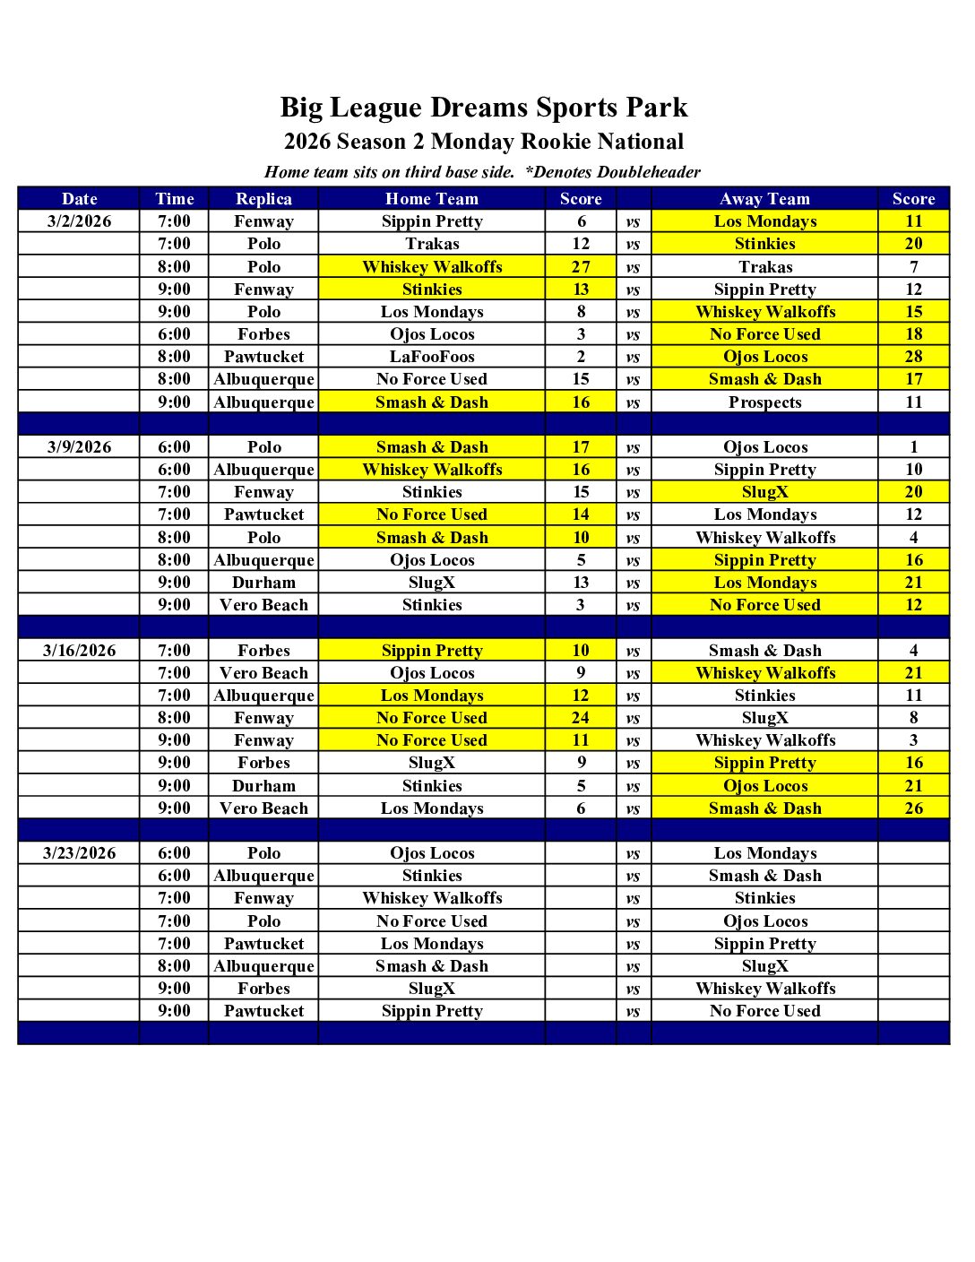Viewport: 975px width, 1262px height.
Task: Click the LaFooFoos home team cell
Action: pyautogui.click(x=432, y=357)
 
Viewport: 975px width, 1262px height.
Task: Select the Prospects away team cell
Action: pyautogui.click(x=764, y=402)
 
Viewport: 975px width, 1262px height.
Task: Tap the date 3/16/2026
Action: pyautogui.click(x=79, y=651)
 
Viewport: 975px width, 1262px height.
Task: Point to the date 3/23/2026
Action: pyautogui.click(x=79, y=853)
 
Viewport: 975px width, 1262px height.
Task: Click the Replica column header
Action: pyautogui.click(x=263, y=199)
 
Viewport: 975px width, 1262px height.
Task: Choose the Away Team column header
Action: pyautogui.click(x=764, y=199)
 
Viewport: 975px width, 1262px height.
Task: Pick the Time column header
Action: pyautogui.click(x=174, y=199)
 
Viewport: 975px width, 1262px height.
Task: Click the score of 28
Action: pyautogui.click(x=913, y=357)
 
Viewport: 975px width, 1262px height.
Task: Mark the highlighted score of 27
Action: pyautogui.click(x=581, y=267)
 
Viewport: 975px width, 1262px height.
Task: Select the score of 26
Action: pyautogui.click(x=913, y=808)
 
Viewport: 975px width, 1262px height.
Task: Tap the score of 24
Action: pyautogui.click(x=581, y=718)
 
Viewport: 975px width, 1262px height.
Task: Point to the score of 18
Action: pyautogui.click(x=913, y=334)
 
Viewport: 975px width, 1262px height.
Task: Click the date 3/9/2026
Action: pyautogui.click(x=79, y=447)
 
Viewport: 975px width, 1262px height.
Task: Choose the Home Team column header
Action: pyautogui.click(x=432, y=199)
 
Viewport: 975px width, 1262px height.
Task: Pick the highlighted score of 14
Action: pyautogui.click(x=581, y=514)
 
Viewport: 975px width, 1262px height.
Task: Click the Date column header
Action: pyautogui.click(x=79, y=199)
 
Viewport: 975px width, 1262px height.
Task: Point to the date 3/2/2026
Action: pyautogui.click(x=79, y=221)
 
